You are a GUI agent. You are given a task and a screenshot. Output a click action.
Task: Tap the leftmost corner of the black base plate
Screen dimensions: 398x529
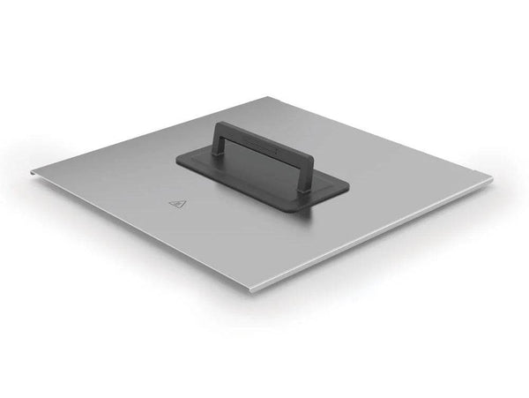point(175,160)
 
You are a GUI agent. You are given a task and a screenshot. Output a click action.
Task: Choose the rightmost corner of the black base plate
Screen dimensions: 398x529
point(350,187)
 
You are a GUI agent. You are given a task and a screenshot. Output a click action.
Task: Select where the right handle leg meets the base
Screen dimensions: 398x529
point(302,186)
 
